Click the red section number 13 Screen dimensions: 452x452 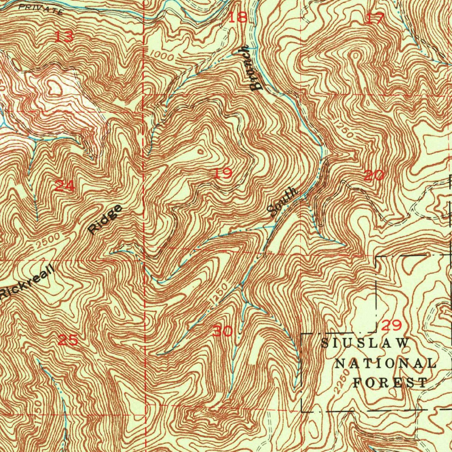tap(64, 37)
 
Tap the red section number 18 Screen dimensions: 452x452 tap(238, 18)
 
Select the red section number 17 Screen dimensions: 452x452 tap(375, 19)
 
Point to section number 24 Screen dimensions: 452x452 tap(65, 186)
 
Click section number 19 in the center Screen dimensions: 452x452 tap(223, 173)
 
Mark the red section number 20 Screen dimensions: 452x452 tap(374, 176)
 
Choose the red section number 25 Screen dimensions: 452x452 tap(68, 340)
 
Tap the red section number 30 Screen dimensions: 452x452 tap(222, 331)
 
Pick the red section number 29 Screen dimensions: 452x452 tap(391, 326)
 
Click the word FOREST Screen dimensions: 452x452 tap(390, 382)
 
